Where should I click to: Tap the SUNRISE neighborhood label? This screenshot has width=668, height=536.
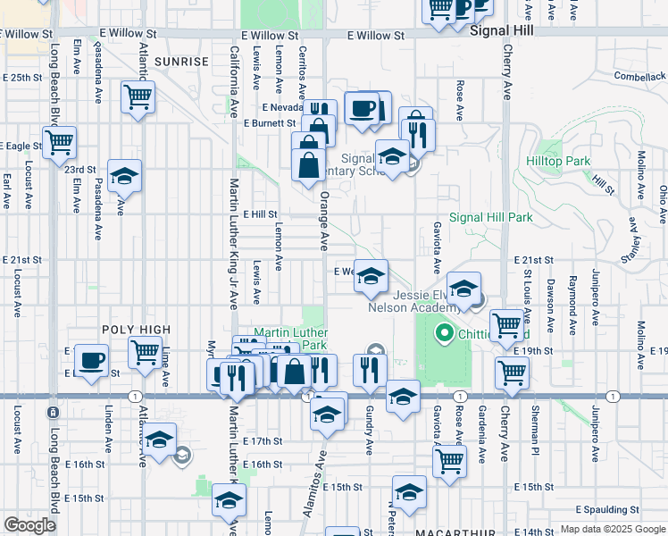coord(181,62)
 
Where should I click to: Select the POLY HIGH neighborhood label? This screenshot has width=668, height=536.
coord(136,330)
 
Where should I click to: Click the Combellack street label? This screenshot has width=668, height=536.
coord(640,77)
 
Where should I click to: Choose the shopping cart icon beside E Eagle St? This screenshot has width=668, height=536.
coord(59,140)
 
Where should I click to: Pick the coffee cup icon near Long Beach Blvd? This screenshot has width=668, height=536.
coord(91,360)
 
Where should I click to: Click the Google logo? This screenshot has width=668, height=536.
coord(30,525)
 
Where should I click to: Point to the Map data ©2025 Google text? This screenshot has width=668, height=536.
coord(613,529)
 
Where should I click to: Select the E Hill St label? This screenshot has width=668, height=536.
coord(261,214)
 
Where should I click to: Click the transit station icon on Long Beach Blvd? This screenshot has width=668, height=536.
coord(53,412)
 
